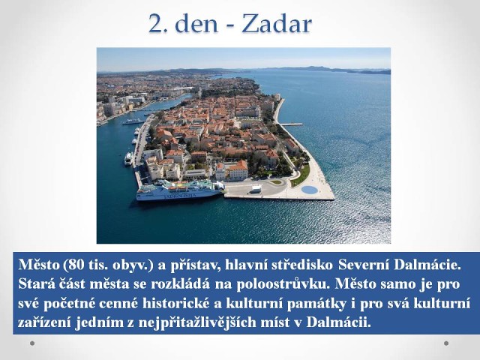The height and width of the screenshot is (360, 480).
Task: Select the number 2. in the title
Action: point(158,24)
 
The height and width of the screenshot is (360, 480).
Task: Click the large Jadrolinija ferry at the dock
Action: point(181,190)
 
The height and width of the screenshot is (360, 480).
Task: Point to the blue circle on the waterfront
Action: point(310,190)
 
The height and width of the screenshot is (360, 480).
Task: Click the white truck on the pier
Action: point(256,190)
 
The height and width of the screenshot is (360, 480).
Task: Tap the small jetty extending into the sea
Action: point(292,124)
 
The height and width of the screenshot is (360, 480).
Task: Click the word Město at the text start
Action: point(39,265)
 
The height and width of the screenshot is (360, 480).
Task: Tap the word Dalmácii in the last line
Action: point(338,322)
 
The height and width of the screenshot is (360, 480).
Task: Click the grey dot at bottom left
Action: point(32,343)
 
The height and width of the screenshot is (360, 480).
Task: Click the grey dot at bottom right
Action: point(446,343)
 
